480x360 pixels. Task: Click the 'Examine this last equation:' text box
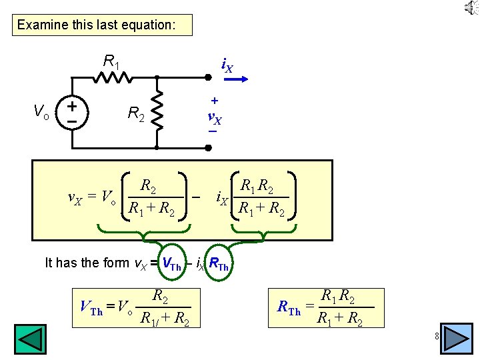point(102,25)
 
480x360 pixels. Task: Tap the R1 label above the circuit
point(112,62)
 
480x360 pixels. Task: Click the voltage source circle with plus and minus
point(70,111)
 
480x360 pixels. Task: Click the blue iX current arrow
point(235,79)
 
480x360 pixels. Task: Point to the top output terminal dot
point(208,78)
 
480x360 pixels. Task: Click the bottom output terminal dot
point(208,147)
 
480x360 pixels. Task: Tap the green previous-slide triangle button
point(31,339)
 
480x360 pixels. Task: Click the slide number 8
point(435,336)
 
